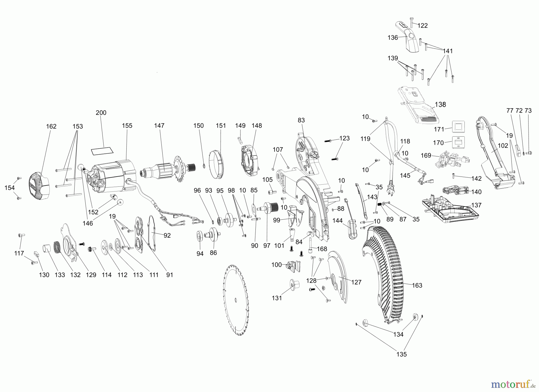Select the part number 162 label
tap(51, 126)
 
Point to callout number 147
tap(159, 126)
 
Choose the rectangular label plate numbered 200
tap(102, 151)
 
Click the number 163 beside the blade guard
tap(417, 286)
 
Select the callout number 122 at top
tap(423, 26)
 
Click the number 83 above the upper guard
tap(301, 120)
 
